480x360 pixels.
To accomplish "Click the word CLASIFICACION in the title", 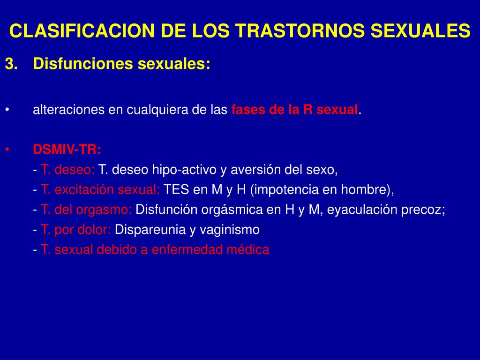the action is click(x=82, y=31).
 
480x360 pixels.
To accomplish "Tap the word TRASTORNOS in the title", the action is click(x=300, y=31).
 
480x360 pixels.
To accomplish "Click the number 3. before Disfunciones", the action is click(x=11, y=64).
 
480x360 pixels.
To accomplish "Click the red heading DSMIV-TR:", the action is click(x=67, y=150).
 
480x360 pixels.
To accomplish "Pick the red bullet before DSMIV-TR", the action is click(x=7, y=150).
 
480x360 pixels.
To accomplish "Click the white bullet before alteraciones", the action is click(x=7, y=110).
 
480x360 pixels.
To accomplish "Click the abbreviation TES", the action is click(x=176, y=189).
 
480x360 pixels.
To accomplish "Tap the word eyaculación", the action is click(x=362, y=210).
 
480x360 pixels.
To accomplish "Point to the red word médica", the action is click(x=248, y=249).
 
